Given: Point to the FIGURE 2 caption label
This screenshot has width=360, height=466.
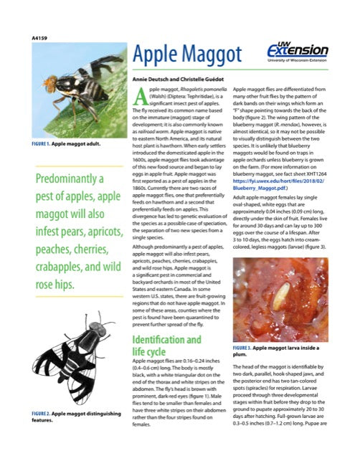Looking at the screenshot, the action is (x=45, y=414).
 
